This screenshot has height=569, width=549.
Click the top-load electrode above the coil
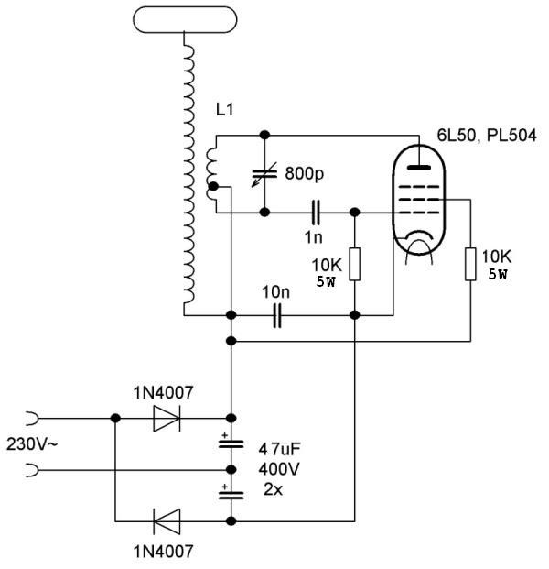pyautogui.click(x=188, y=16)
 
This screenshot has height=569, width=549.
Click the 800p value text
pyautogui.click(x=303, y=172)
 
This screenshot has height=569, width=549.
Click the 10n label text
pyautogui.click(x=275, y=292)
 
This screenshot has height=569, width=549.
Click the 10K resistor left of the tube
pyautogui.click(x=354, y=265)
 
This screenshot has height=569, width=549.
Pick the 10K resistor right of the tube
pyautogui.click(x=471, y=265)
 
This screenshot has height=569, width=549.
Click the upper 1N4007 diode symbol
pyautogui.click(x=167, y=418)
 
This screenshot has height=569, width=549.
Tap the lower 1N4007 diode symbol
pyautogui.click(x=167, y=522)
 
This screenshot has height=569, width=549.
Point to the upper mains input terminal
pyautogui.click(x=33, y=418)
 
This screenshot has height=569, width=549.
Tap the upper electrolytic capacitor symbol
pyautogui.click(x=231, y=443)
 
